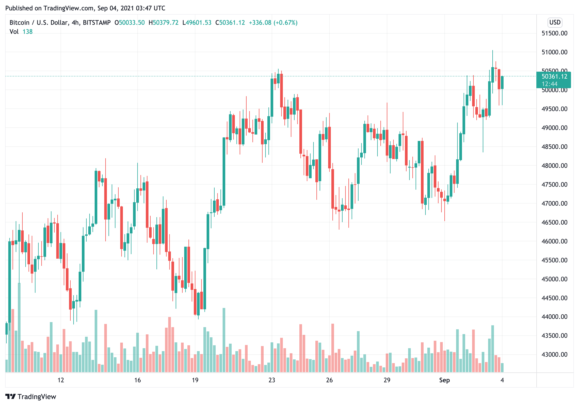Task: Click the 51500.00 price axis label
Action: (x=554, y=33)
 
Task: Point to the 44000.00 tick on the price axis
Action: (x=554, y=317)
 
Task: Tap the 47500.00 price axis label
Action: (x=554, y=184)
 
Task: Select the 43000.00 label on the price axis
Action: (x=554, y=355)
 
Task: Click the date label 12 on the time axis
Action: (x=61, y=380)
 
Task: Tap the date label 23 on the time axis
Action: (x=272, y=380)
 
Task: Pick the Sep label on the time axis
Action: (x=444, y=380)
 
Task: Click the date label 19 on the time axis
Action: (x=195, y=380)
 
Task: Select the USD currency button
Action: (x=555, y=22)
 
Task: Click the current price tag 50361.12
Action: (x=554, y=77)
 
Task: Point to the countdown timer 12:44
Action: (x=549, y=84)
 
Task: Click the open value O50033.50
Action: (x=130, y=23)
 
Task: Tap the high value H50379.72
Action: (x=163, y=23)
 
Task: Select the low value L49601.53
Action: (x=197, y=23)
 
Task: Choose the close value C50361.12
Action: (x=230, y=23)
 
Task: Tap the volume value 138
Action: (x=27, y=32)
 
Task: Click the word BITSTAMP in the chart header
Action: (x=96, y=23)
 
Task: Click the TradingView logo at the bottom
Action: (x=31, y=397)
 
